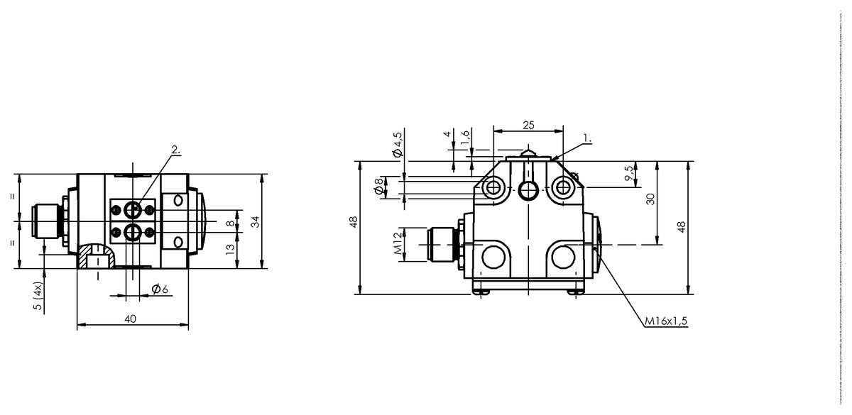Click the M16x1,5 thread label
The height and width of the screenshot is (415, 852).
pos(666,321)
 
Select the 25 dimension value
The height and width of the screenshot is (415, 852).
pos(528,125)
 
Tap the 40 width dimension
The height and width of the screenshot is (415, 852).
pos(130,319)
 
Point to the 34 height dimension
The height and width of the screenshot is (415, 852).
pos(256,221)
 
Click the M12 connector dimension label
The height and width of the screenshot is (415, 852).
pos(398,243)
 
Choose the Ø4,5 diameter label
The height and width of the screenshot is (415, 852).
pos(398,145)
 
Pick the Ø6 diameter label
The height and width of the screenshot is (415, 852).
pos(160,289)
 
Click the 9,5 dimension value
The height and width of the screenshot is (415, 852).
pos(629,173)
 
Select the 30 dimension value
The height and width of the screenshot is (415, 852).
pos(651,199)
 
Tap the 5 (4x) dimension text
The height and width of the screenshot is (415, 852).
pos(38,296)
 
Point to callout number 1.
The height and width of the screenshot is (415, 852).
pos(588,138)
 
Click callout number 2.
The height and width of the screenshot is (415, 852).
pos(176,150)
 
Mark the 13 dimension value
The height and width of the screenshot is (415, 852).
pos(231,249)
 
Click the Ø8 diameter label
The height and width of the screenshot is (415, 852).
pos(379,186)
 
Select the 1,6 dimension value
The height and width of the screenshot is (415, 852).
pos(465,137)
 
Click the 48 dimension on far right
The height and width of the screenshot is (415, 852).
pos(681,227)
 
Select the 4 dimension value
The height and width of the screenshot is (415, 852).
pos(447,133)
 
